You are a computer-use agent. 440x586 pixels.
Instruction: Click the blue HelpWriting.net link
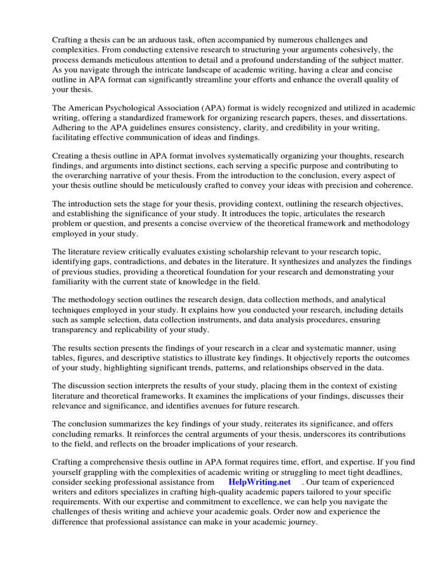pos(260,482)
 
